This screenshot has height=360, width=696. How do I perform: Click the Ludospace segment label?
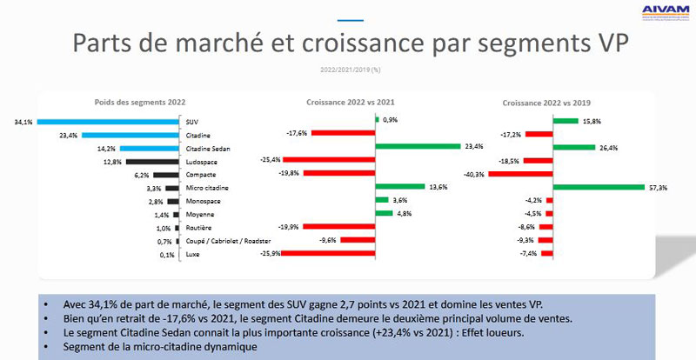[x=202, y=162]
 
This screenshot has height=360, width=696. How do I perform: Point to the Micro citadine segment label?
[x=206, y=188]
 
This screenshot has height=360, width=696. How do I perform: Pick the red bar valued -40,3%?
[x=532, y=174]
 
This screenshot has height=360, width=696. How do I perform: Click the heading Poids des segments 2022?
[x=139, y=103]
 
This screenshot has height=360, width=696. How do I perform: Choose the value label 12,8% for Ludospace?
[x=112, y=162]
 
